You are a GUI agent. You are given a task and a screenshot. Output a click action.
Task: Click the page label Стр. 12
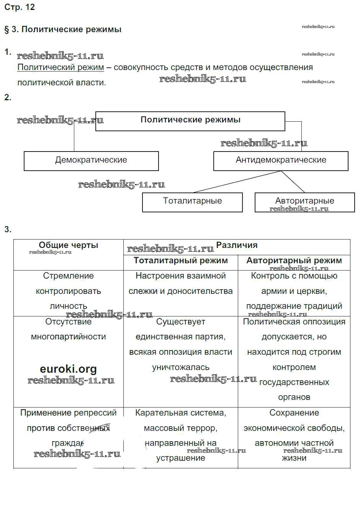[20, 7]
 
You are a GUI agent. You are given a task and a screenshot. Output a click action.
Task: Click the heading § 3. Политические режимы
[63, 29]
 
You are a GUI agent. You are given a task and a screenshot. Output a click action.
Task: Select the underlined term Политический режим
[61, 67]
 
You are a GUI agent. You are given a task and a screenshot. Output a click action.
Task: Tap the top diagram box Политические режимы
[190, 121]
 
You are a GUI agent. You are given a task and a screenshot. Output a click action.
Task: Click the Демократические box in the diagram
[91, 161]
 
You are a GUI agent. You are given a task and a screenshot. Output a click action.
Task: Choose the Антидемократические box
[281, 161]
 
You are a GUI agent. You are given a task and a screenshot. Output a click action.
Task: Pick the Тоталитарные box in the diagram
[192, 202]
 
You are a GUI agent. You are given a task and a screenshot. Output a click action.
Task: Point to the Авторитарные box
[304, 202]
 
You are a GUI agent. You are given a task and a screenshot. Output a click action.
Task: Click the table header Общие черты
[69, 246]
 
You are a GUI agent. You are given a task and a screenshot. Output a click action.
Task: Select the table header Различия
[237, 245]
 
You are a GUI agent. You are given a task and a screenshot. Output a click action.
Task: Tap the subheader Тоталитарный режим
[181, 261]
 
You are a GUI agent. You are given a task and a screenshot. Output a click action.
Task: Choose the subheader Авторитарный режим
[294, 261]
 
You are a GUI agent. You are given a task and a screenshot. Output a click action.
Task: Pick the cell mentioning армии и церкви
[294, 291]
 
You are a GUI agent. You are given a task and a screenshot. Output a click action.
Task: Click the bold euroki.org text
[68, 369]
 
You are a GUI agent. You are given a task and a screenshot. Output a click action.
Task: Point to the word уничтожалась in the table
[181, 367]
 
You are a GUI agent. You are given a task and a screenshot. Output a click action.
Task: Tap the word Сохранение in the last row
[294, 413]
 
